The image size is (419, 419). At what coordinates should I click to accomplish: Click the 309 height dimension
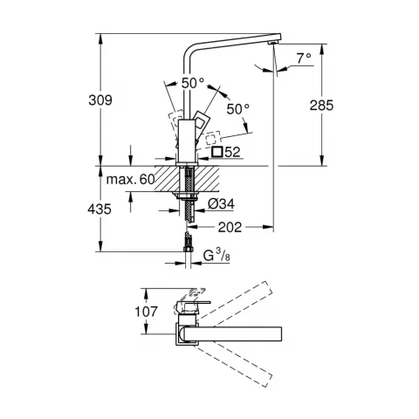(x=103, y=102)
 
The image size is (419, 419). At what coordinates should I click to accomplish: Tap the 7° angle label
(x=303, y=59)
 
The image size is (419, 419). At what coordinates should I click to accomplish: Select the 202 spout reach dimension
(x=230, y=226)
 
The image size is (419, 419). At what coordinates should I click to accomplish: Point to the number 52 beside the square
(x=232, y=153)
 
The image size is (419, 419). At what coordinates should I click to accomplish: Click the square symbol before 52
(x=216, y=153)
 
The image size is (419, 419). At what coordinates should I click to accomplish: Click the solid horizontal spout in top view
(x=244, y=333)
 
